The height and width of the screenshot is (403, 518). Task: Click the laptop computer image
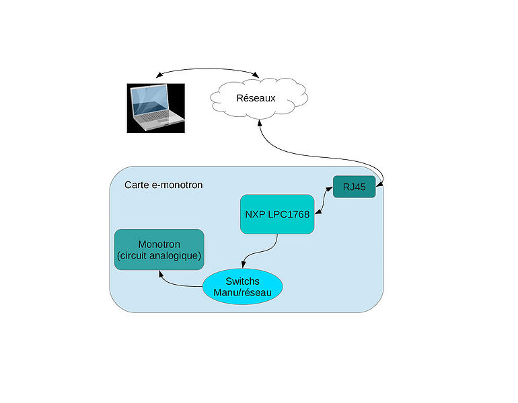click(x=156, y=107)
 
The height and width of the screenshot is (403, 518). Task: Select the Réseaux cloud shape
click(x=258, y=99)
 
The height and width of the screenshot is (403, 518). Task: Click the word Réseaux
click(x=256, y=99)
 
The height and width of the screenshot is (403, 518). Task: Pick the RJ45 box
click(x=354, y=187)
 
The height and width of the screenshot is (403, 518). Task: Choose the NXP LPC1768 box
click(x=277, y=214)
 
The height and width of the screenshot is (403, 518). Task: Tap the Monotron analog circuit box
click(x=159, y=249)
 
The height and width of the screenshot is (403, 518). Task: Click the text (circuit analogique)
click(x=159, y=256)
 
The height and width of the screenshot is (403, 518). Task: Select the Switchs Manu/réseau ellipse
click(x=242, y=287)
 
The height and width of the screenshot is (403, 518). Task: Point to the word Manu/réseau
click(x=242, y=293)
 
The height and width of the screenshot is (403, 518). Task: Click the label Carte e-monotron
click(x=163, y=185)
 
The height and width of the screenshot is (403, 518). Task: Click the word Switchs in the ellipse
click(x=243, y=281)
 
